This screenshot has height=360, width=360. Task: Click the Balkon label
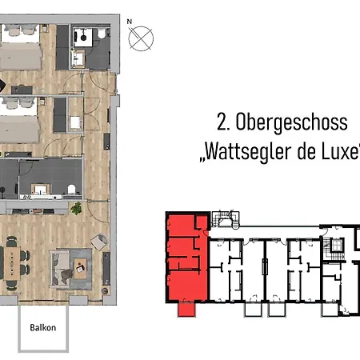click(42, 327)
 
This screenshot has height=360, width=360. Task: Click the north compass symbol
click(142, 38)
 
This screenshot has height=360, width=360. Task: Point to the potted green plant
click(77, 208)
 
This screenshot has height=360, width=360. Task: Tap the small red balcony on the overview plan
click(186, 310)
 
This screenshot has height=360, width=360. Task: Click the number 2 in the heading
click(222, 122)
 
